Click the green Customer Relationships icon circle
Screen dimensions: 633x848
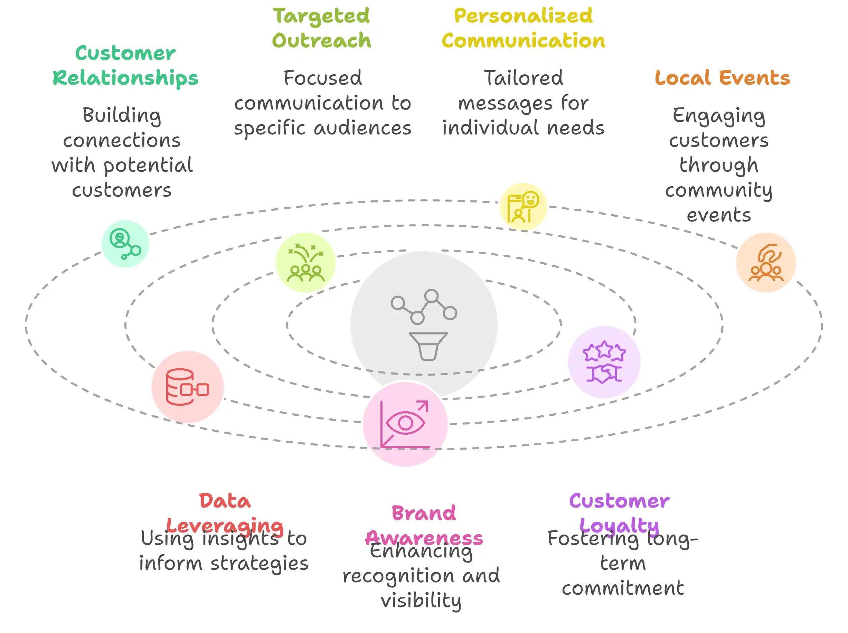pyautogui.click(x=125, y=244)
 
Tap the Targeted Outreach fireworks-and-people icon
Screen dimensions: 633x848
pyautogui.click(x=305, y=263)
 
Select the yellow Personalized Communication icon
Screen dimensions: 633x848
pyautogui.click(x=523, y=207)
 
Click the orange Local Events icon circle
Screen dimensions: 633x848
pyautogui.click(x=766, y=263)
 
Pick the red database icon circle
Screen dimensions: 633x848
pyautogui.click(x=187, y=387)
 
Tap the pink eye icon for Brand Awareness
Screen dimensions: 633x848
pyautogui.click(x=405, y=424)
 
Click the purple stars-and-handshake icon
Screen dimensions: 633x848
pyautogui.click(x=604, y=362)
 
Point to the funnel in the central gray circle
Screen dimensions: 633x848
pyautogui.click(x=428, y=346)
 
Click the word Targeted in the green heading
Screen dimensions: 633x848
pyautogui.click(x=321, y=16)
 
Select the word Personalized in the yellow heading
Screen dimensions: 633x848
pyautogui.click(x=523, y=16)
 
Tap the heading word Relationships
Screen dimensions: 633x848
pyautogui.click(x=125, y=78)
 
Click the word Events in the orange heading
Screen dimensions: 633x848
pyautogui.click(x=754, y=78)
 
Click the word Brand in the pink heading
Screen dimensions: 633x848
pyautogui.click(x=423, y=513)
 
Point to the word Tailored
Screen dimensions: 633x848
pyautogui.click(x=523, y=78)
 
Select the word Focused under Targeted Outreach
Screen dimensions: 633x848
pyautogui.click(x=322, y=78)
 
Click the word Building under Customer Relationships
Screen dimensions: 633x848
pyautogui.click(x=122, y=115)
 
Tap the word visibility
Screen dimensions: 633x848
pyautogui.click(x=421, y=601)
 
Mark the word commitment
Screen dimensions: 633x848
pyautogui.click(x=623, y=588)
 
